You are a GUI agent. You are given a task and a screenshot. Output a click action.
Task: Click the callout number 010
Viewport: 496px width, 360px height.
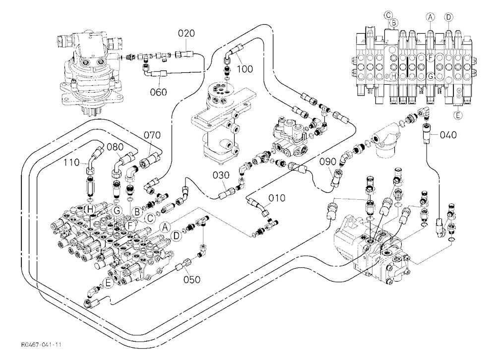click(277, 198)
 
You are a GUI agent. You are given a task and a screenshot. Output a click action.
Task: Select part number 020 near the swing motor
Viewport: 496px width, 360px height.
click(186, 33)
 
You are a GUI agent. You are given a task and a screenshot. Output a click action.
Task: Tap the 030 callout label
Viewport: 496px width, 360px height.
click(221, 175)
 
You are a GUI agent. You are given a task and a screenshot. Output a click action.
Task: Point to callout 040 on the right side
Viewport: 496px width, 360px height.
click(448, 135)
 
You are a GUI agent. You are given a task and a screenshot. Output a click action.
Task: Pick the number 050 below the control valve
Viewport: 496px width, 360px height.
click(192, 280)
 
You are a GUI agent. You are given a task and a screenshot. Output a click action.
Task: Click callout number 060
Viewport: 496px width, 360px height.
click(158, 92)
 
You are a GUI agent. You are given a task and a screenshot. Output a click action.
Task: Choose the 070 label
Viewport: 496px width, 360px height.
click(152, 135)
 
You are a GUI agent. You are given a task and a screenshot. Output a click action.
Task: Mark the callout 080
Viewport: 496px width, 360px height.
click(115, 147)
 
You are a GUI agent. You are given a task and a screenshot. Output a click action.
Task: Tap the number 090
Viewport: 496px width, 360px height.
click(327, 162)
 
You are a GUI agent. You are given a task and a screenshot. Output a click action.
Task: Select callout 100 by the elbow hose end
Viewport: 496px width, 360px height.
click(245, 68)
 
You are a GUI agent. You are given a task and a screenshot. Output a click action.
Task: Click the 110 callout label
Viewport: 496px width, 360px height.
click(71, 163)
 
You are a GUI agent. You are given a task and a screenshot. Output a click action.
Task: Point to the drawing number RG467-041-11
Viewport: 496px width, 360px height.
click(41, 345)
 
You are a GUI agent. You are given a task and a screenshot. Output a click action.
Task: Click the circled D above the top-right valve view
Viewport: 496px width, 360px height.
click(448, 17)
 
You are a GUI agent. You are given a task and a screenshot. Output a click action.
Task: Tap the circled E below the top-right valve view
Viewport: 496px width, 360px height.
click(458, 116)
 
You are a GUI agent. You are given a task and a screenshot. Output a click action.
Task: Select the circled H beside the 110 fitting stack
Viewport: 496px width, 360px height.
click(90, 209)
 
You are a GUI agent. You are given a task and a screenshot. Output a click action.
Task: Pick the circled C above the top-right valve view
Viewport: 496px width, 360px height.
click(388, 15)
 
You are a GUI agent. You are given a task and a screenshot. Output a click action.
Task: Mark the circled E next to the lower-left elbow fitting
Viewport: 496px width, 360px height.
click(108, 284)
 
